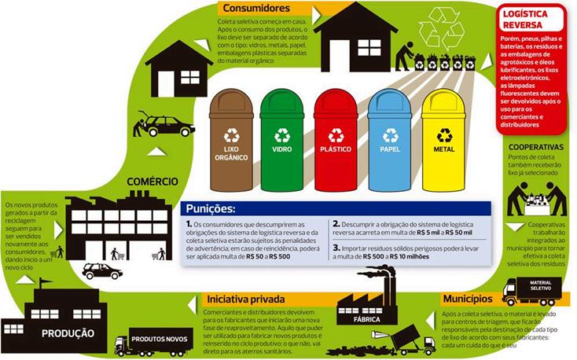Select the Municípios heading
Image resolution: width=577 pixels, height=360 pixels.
467,299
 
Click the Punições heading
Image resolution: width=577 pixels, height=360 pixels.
212,209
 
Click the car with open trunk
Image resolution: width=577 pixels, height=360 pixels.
165,125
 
